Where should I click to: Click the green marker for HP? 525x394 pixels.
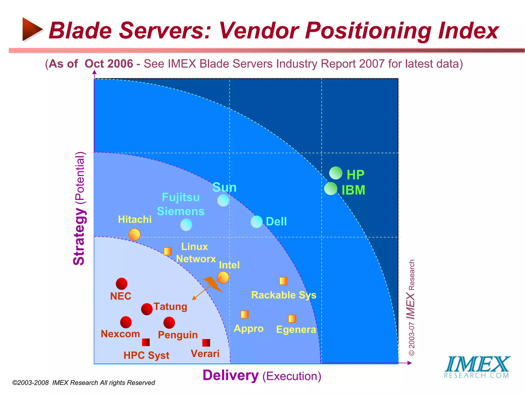(x=336, y=173)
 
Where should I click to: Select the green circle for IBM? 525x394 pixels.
(x=331, y=189)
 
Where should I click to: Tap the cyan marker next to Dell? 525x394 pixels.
(x=257, y=222)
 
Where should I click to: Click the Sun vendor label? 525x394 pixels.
(x=224, y=187)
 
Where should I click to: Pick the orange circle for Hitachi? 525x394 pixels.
(x=134, y=234)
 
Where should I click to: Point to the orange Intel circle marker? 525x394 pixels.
(x=223, y=277)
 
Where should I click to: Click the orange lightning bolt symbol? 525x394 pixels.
(x=213, y=284)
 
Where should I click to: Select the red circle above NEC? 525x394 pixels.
(x=122, y=284)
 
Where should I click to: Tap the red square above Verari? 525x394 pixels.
(x=206, y=343)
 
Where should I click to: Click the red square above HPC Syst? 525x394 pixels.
(x=146, y=342)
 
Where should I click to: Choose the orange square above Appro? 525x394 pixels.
(x=245, y=314)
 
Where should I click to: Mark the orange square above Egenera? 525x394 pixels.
(x=292, y=319)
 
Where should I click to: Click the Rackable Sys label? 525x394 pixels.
(x=284, y=295)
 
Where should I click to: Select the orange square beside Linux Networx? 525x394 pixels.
(x=168, y=251)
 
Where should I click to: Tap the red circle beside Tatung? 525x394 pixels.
(x=147, y=309)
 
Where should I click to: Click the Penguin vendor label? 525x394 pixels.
(x=178, y=335)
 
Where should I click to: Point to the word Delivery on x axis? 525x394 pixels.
(x=230, y=376)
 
